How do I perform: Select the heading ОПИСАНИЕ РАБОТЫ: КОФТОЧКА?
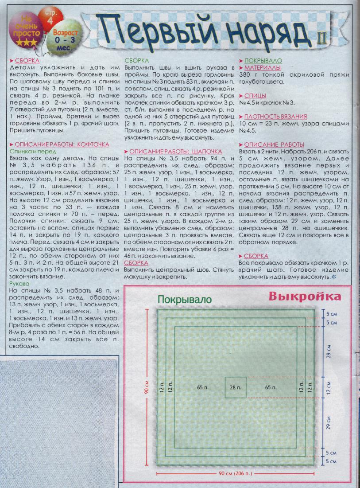pyautogui.click(x=62, y=144)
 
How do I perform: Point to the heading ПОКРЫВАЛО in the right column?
pyautogui.click(x=264, y=61)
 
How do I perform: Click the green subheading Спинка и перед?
pyautogui.click(x=28, y=151)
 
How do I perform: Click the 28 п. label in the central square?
pyautogui.click(x=236, y=387)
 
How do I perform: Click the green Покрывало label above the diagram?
pyautogui.click(x=185, y=300)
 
